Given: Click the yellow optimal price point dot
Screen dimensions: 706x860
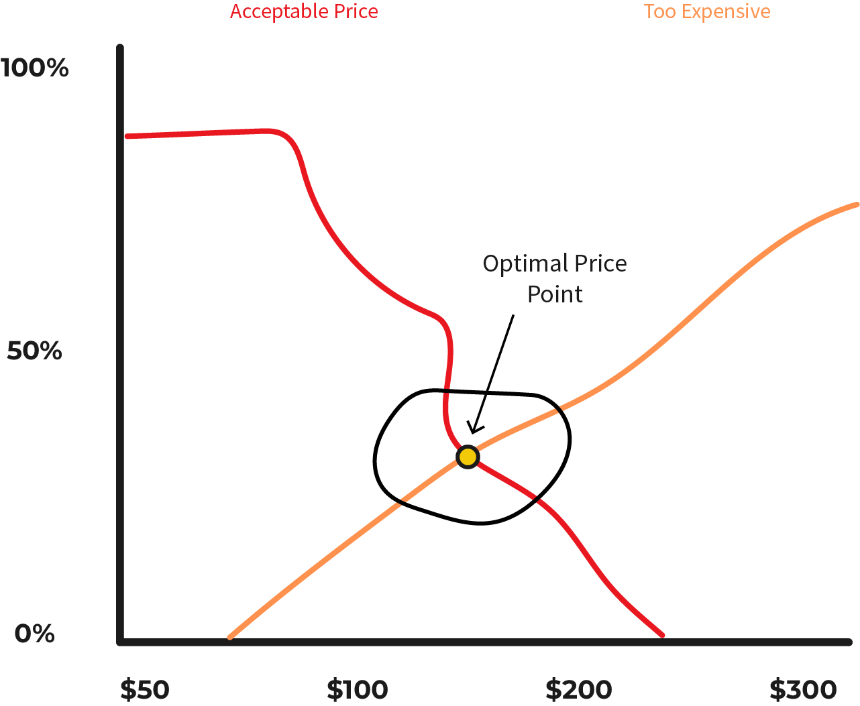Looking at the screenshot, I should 468,457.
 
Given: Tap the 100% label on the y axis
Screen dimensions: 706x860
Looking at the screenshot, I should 35,68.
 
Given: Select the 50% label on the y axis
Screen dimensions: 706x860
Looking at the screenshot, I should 34,351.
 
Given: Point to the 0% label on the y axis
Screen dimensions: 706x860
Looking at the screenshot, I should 34,634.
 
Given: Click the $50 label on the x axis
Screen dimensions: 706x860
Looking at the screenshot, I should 144,689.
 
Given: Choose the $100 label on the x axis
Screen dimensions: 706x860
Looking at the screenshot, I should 358,689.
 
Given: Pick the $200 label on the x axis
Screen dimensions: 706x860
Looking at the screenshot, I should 578,689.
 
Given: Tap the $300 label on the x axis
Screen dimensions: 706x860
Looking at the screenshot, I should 803,689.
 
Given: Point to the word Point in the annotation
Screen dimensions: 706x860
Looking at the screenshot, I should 555,294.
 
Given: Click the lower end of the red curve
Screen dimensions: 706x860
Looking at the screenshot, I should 661,634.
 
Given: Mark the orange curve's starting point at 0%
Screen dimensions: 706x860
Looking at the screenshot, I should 230,636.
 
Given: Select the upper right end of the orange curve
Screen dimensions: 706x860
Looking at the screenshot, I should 856,204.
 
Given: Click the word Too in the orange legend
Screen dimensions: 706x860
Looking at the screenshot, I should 659,12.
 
